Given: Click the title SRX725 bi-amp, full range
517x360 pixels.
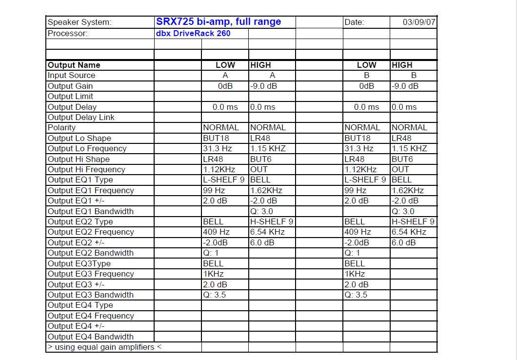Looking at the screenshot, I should [x=219, y=22].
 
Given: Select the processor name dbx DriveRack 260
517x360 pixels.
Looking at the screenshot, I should [x=193, y=34].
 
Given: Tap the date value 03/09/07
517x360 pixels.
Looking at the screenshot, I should [x=419, y=22].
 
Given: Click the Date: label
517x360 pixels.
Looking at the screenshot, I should [x=355, y=22].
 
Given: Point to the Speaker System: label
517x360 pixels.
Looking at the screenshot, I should [x=80, y=22].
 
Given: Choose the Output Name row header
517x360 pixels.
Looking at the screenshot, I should [x=74, y=65].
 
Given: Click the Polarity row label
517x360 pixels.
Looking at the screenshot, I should [x=61, y=128].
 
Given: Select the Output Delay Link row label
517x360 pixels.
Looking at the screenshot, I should [x=81, y=118].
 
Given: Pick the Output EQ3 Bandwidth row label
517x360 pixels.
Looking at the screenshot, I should [x=90, y=295].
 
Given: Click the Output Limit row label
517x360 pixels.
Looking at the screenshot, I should [x=70, y=97].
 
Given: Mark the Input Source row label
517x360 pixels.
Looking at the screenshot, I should [x=71, y=76].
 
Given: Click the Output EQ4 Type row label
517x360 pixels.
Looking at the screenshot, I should [x=80, y=305].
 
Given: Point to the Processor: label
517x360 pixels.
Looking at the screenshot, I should [x=68, y=34].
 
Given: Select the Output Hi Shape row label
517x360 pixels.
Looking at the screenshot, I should [x=79, y=160].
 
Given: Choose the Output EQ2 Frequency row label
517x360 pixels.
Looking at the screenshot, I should [x=90, y=232].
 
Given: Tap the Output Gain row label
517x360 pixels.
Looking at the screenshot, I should [x=70, y=86].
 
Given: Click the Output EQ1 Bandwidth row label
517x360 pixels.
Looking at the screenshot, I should [x=90, y=212].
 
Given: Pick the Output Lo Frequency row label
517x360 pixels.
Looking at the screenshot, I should [x=87, y=149].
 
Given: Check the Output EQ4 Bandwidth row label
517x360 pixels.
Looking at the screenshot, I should [x=90, y=337].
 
